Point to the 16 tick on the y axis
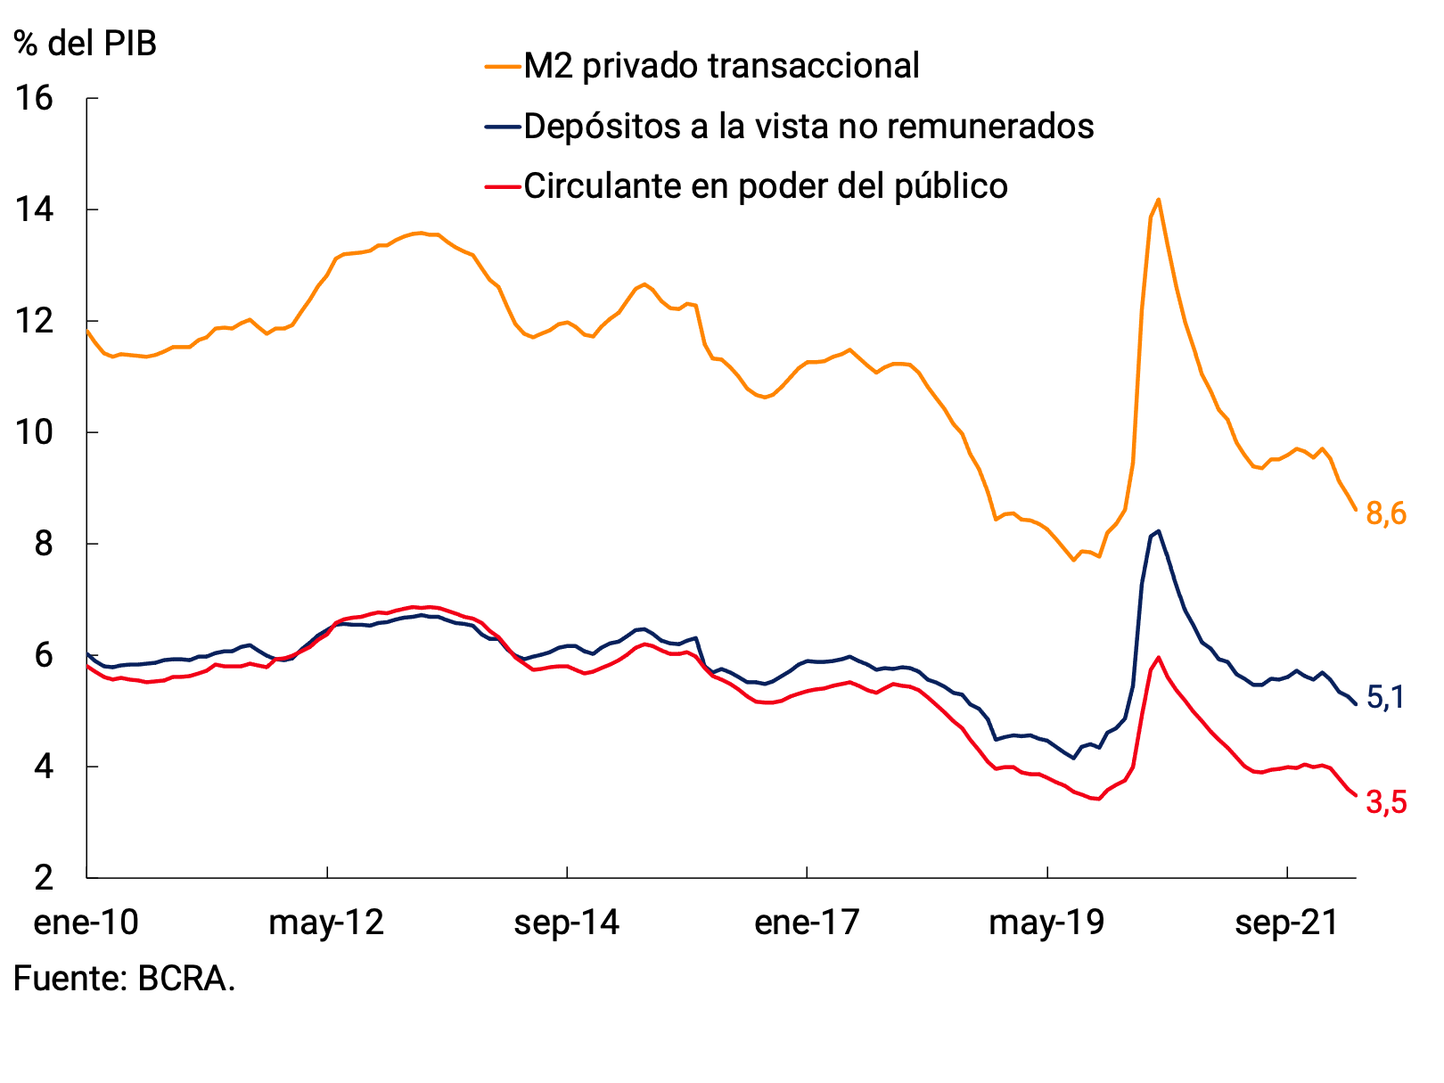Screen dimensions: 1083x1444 (x=34, y=98)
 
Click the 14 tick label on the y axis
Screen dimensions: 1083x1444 (x=34, y=209)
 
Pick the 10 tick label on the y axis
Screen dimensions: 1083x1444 (x=34, y=432)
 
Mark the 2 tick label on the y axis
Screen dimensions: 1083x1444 (x=44, y=878)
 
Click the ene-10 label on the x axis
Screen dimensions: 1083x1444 (x=86, y=922)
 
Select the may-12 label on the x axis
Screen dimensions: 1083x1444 (x=326, y=922)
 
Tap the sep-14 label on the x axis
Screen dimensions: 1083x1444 (x=566, y=922)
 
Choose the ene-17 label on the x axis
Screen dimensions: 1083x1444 (x=807, y=922)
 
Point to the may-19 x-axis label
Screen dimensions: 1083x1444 (x=1046, y=922)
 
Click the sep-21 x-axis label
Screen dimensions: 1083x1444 (x=1286, y=922)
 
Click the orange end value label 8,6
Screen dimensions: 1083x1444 (x=1386, y=513)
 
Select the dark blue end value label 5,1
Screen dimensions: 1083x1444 (x=1385, y=698)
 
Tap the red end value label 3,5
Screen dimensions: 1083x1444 (x=1386, y=803)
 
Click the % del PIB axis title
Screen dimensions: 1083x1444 (x=86, y=43)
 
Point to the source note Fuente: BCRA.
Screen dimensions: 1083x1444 (x=124, y=979)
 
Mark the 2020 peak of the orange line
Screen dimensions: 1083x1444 (x=1158, y=199)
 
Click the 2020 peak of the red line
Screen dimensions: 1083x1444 (x=1158, y=658)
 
